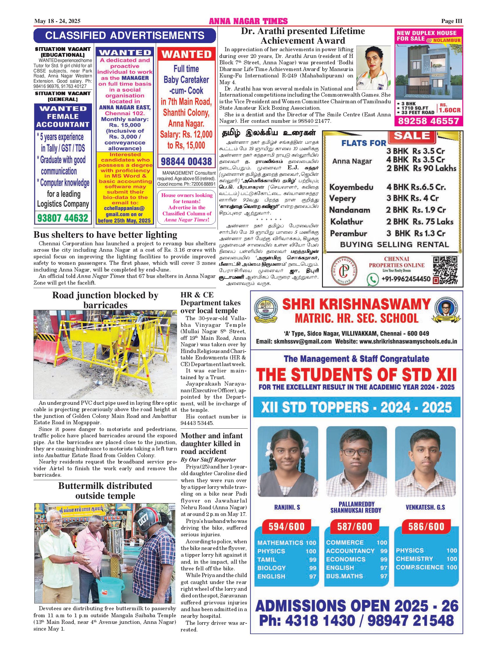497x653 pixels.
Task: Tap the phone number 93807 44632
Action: [63, 218]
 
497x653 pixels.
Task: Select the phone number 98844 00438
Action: [186, 162]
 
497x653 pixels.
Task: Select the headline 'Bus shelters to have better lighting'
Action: [105, 235]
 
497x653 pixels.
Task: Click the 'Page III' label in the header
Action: [452, 21]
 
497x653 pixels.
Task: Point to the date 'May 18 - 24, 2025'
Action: [57, 21]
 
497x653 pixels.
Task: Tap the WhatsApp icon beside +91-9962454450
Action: [373, 279]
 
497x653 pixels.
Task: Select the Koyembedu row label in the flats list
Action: [351, 187]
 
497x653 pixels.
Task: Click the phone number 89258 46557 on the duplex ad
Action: [429, 121]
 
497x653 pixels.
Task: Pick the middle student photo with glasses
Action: [356, 461]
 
